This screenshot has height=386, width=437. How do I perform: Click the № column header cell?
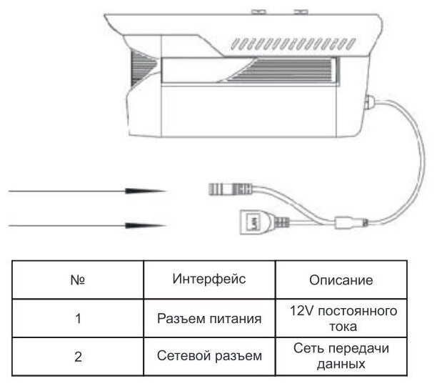pyautogui.click(x=79, y=279)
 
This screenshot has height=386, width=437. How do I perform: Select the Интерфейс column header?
pyautogui.click(x=209, y=279)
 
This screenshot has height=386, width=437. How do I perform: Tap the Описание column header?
pyautogui.click(x=342, y=279)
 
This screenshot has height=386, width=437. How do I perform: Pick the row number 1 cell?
pyautogui.click(x=79, y=319)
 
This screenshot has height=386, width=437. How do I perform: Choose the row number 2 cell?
pyautogui.click(x=79, y=357)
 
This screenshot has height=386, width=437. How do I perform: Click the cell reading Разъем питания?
pyautogui.click(x=209, y=319)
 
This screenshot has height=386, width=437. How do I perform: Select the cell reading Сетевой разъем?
pyautogui.click(x=209, y=356)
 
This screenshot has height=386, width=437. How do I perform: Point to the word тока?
pyautogui.click(x=341, y=326)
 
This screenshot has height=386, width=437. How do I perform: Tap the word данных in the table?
pyautogui.click(x=341, y=364)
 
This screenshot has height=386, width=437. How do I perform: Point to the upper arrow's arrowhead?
pyautogui.click(x=146, y=192)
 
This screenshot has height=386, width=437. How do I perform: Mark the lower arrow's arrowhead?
pyautogui.click(x=146, y=225)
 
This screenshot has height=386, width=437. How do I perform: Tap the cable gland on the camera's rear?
pyautogui.click(x=370, y=103)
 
